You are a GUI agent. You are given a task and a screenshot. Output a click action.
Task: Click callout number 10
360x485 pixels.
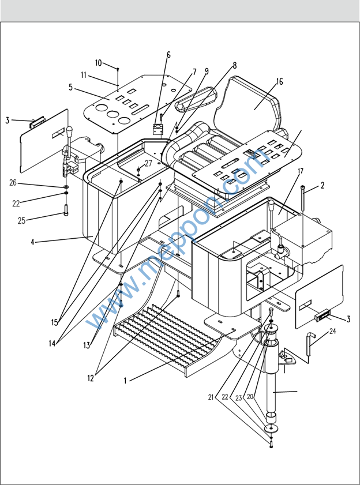coord(98,62)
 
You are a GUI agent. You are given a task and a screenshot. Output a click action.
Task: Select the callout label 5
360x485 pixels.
coord(70,88)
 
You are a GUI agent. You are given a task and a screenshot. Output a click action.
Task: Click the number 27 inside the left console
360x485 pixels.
coord(148,163)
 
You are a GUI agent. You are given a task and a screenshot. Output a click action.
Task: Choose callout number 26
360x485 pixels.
coord(13,183)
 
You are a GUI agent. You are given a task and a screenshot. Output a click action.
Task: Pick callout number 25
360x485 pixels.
coord(22,220)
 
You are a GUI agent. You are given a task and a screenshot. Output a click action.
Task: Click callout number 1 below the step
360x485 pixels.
coord(125,380)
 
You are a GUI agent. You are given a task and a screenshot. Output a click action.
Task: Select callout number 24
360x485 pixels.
coord(332,331)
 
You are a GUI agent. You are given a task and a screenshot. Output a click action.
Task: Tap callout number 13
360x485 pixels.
coord(87,345)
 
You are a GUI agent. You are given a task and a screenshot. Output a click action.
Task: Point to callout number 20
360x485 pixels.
coord(250,397)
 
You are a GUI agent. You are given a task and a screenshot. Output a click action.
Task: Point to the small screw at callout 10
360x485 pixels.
coord(118,70)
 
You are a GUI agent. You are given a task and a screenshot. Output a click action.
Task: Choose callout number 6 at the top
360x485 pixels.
coord(168,55)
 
